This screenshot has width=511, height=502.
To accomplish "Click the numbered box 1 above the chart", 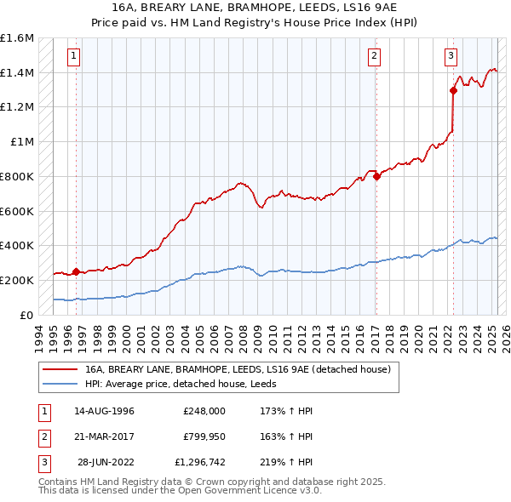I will tap(74, 57).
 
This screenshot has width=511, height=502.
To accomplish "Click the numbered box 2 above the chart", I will tap(374, 57).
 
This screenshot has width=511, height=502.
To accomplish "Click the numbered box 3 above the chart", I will tap(451, 57).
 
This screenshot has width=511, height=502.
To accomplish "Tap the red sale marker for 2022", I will tap(453, 91).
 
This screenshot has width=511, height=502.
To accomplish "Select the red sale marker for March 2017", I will tap(376, 177).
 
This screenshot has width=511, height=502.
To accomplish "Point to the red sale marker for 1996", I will tap(77, 272).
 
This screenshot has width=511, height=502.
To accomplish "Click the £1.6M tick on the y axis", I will tap(17, 38).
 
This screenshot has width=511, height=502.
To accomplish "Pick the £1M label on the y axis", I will tap(21, 142).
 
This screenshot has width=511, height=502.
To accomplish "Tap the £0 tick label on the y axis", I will tap(26, 315).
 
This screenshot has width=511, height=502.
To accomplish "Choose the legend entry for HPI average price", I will tap(187, 384).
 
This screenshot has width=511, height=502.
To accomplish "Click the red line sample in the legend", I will tap(59, 369).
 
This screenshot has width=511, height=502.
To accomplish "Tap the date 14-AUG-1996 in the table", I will tap(104, 410).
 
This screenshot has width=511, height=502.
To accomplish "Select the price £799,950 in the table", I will tap(204, 436).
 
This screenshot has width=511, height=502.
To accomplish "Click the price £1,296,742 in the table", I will tap(200, 463).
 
